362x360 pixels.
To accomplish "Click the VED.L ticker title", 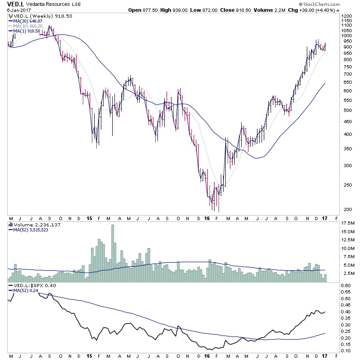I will coord(15,4).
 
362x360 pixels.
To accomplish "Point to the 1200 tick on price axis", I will coord(347,16).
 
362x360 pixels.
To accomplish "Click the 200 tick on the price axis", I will coord(345,209).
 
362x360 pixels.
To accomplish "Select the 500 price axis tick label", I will coord(345,110).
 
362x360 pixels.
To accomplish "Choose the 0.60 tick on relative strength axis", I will coord(347,285).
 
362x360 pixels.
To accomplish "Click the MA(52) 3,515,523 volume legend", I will coord(30,230).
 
